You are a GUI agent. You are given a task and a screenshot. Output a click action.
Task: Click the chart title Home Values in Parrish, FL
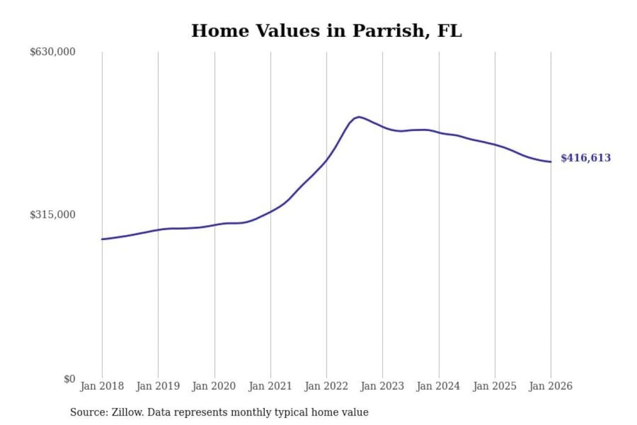[x=326, y=31]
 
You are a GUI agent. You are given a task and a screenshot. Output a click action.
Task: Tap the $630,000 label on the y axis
[x=53, y=52]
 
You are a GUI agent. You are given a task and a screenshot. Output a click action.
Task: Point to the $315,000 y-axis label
[x=53, y=215]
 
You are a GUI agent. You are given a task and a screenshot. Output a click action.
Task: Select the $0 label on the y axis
[x=69, y=379]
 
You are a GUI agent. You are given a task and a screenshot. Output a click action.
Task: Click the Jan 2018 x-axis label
[x=102, y=386]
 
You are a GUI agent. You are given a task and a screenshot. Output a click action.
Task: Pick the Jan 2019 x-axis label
[x=158, y=386]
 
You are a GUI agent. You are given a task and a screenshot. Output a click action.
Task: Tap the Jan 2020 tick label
[x=214, y=386]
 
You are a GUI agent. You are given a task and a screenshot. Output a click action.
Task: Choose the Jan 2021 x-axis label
[x=270, y=386]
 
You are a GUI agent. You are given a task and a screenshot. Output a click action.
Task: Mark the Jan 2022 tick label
[x=326, y=386]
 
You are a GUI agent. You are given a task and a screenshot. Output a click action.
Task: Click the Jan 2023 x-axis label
[x=382, y=386]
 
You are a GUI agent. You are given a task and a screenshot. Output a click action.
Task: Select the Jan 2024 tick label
[x=438, y=386]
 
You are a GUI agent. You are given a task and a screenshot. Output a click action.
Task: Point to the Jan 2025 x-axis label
[x=495, y=386]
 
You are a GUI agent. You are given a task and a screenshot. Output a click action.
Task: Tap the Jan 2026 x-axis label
[x=551, y=386]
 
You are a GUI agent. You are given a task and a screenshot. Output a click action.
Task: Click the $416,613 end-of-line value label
[x=586, y=158]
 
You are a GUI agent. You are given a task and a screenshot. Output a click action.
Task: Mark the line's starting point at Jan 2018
[x=102, y=239]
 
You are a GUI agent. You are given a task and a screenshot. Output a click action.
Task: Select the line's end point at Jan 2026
[x=551, y=162]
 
